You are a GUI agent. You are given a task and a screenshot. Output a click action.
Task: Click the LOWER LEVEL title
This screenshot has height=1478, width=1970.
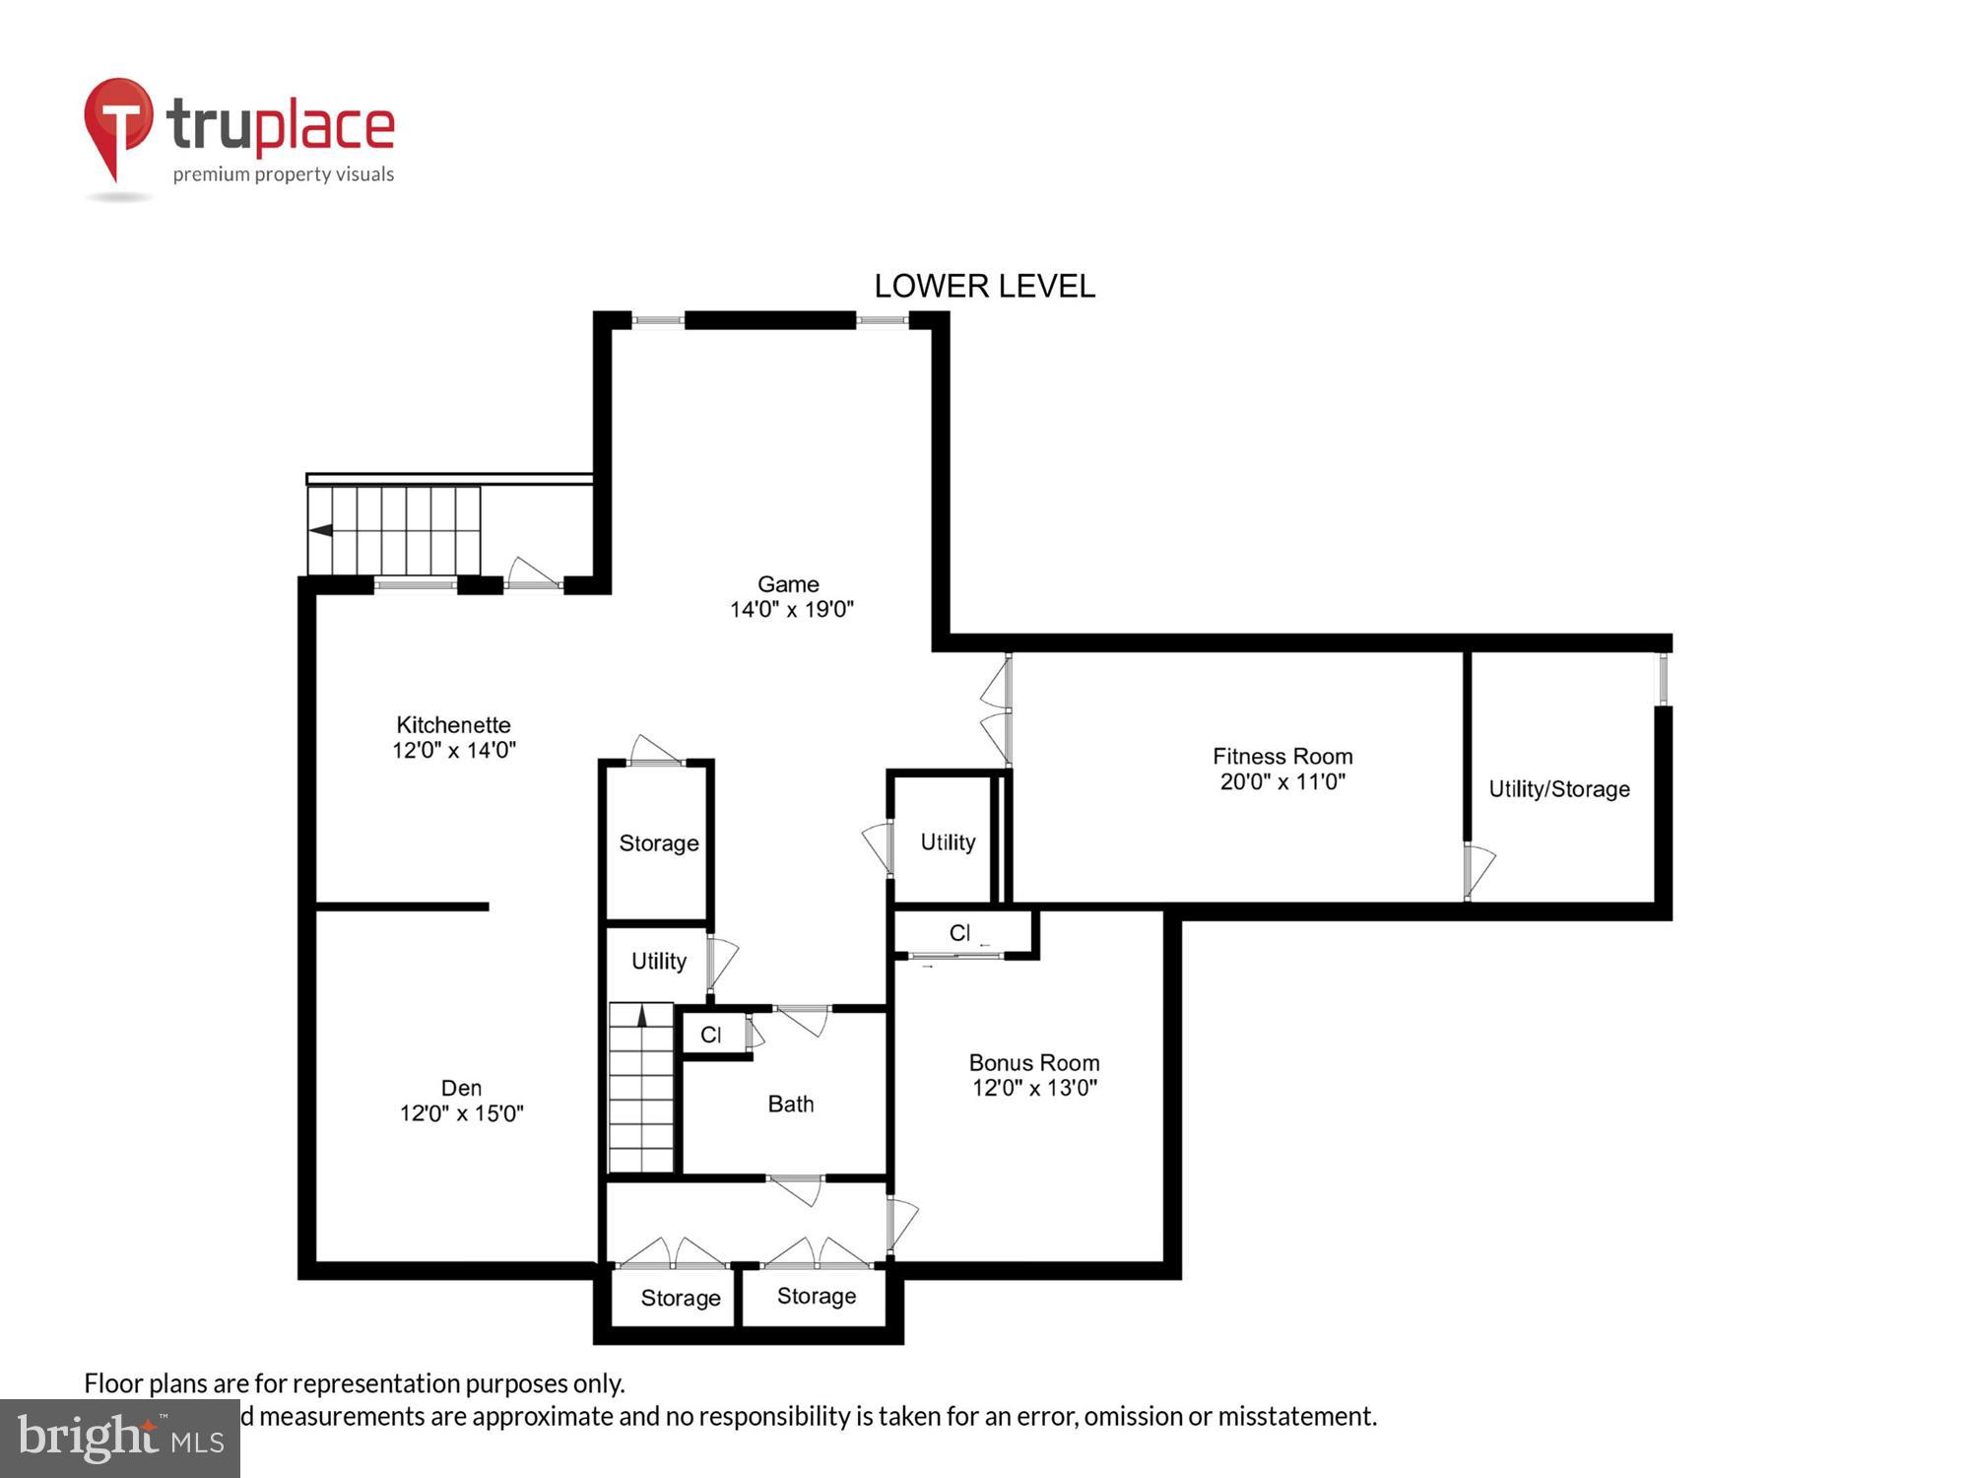(x=984, y=286)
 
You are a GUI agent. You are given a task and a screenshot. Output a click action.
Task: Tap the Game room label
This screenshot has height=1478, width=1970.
(x=788, y=584)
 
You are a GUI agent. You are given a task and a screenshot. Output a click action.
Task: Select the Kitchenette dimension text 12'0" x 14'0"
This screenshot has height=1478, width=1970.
(x=454, y=750)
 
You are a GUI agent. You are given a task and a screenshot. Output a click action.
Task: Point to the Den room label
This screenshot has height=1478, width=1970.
(x=461, y=1088)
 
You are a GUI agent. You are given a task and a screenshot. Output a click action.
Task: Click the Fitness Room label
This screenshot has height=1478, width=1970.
(x=1282, y=757)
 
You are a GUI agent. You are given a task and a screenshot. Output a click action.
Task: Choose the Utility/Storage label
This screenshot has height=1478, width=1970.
(x=1559, y=789)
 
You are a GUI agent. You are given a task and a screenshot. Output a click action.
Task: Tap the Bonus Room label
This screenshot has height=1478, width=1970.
(x=1034, y=1063)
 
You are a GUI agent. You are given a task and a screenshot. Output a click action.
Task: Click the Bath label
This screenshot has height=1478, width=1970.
(x=791, y=1104)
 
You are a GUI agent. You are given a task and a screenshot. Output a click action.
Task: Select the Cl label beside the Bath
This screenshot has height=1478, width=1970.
(x=710, y=1035)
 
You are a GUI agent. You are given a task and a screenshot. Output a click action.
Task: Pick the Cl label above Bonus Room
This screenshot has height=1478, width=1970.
(x=959, y=932)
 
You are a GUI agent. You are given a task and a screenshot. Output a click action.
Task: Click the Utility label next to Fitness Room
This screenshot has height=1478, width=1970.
(x=948, y=842)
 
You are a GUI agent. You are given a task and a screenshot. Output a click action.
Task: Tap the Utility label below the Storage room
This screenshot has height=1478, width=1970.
(x=659, y=961)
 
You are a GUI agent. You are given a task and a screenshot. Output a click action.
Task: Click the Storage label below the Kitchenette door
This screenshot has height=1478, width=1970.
(x=659, y=843)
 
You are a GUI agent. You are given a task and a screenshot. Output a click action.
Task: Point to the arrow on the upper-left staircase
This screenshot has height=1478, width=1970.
(x=321, y=530)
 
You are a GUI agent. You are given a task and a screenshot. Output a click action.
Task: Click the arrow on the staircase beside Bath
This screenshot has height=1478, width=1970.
(x=642, y=1016)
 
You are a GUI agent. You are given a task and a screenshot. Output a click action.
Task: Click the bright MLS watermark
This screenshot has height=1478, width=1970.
(x=120, y=1439)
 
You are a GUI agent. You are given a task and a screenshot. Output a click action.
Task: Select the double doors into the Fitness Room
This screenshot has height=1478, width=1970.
(x=997, y=709)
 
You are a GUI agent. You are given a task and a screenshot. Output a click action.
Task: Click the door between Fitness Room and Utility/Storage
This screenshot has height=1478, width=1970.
(x=1477, y=869)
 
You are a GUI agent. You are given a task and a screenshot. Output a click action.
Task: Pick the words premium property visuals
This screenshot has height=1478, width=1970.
(x=284, y=175)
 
